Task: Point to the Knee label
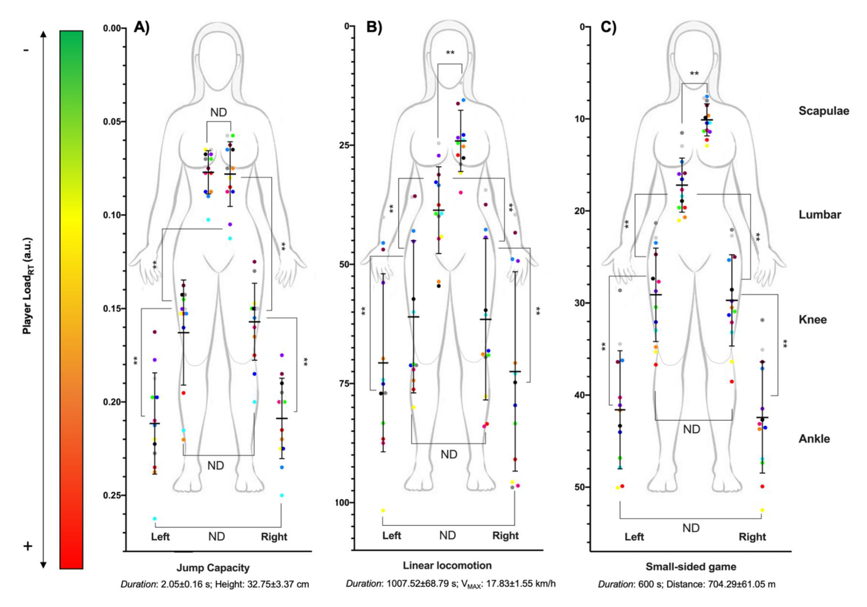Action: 813,320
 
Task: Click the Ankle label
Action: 814,439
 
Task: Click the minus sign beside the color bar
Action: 26,50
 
